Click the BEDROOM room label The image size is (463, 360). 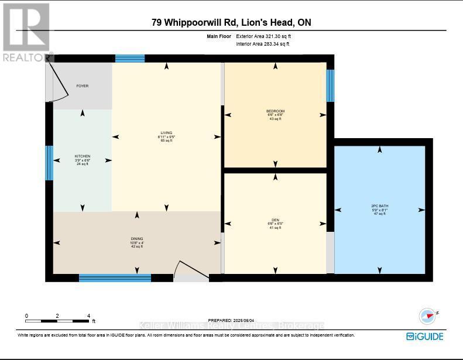pyautogui.click(x=275, y=111)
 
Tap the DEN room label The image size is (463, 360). pyautogui.click(x=275, y=221)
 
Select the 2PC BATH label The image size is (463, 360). pyautogui.click(x=379, y=206)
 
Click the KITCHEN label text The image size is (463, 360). pyautogui.click(x=82, y=156)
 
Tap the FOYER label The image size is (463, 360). pyautogui.click(x=82, y=86)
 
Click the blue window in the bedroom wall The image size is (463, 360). pyautogui.click(x=330, y=86)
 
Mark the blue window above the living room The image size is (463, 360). pyautogui.click(x=129, y=58)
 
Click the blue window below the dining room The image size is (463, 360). pyautogui.click(x=115, y=277)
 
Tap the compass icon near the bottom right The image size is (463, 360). pyautogui.click(x=427, y=316)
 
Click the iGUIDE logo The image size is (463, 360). pyautogui.click(x=424, y=336)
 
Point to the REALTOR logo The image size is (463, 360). pyautogui.click(x=26, y=32)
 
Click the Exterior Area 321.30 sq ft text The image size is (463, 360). pyautogui.click(x=263, y=36)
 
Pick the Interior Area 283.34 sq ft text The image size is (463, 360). pyautogui.click(x=263, y=44)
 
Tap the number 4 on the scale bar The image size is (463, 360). pyautogui.click(x=88, y=316)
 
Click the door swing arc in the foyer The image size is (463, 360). pyautogui.click(x=60, y=82)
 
